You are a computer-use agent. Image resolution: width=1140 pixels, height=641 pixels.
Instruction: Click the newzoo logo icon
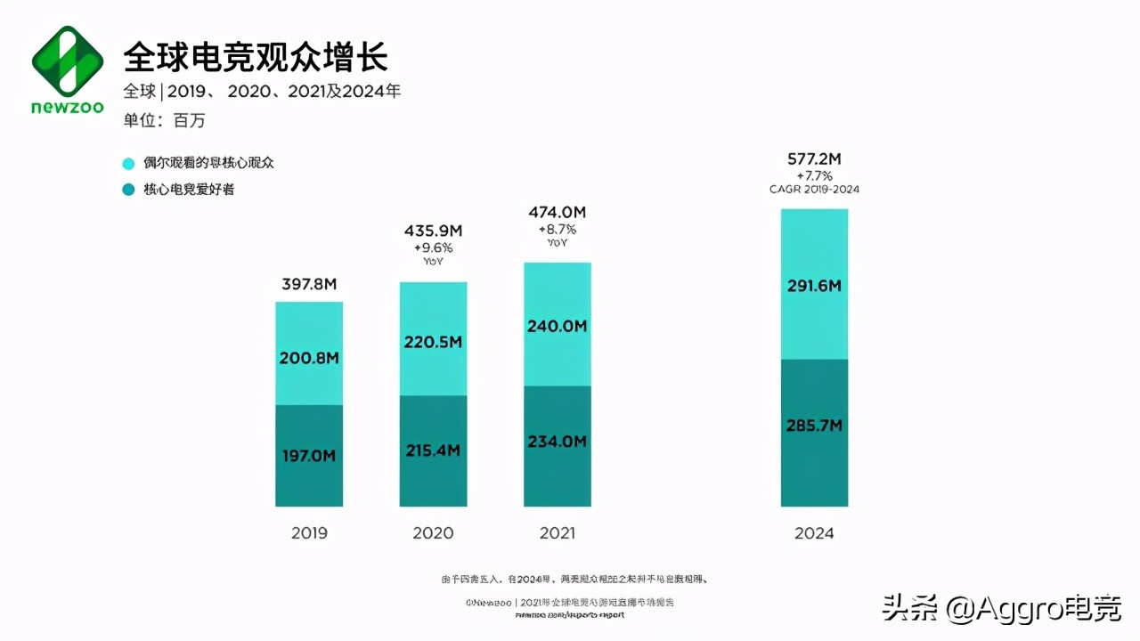pos(68,61)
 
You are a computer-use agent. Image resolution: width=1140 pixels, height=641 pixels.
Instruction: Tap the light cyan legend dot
pos(128,164)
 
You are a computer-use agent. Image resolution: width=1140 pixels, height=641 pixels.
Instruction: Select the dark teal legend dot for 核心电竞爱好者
pos(128,190)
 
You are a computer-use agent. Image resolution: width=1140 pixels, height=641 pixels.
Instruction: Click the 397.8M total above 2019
pos(308,284)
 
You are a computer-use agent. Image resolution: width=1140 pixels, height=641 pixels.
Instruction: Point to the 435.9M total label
pos(433,231)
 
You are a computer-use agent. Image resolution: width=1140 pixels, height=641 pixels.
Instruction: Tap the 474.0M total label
pos(557,212)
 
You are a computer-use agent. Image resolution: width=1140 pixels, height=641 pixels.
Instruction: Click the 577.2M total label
pos(814,159)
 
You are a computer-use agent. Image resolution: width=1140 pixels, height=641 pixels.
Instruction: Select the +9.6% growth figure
pos(433,247)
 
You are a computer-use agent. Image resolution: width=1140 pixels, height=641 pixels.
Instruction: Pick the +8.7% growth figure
pos(557,229)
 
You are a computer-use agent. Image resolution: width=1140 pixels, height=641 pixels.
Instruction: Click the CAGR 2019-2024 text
pos(814,190)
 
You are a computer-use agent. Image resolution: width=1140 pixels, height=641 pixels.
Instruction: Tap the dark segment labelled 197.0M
pos(308,456)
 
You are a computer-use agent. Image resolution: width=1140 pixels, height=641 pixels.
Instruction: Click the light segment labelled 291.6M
pos(814,285)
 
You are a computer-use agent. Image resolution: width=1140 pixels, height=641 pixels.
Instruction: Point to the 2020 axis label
pos(433,533)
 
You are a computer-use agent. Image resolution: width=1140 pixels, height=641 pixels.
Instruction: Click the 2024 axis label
pos(814,533)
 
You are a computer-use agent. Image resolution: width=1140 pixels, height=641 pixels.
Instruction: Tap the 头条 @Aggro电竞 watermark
pos(1001,608)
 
